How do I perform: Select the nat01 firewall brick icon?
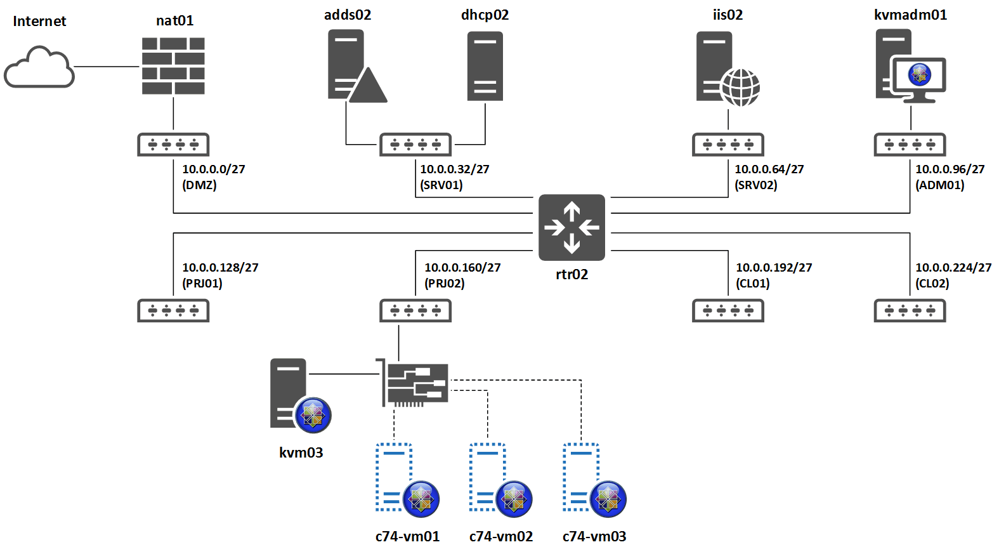(x=173, y=66)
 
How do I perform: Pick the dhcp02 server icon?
(x=485, y=66)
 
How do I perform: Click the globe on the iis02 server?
(x=741, y=87)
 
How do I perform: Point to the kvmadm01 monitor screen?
(x=918, y=75)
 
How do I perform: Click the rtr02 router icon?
(x=571, y=227)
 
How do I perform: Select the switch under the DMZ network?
(x=173, y=145)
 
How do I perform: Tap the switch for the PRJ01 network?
(x=173, y=310)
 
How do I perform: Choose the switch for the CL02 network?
(x=910, y=310)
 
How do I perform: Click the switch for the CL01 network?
(x=728, y=310)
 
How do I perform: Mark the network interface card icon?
(x=415, y=383)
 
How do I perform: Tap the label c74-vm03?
(x=594, y=536)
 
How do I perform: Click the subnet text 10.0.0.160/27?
(x=462, y=268)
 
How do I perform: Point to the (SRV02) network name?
(x=756, y=185)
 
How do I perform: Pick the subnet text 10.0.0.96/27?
(x=950, y=169)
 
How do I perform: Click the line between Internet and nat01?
(x=107, y=66)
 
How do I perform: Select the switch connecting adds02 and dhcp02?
(x=415, y=145)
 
